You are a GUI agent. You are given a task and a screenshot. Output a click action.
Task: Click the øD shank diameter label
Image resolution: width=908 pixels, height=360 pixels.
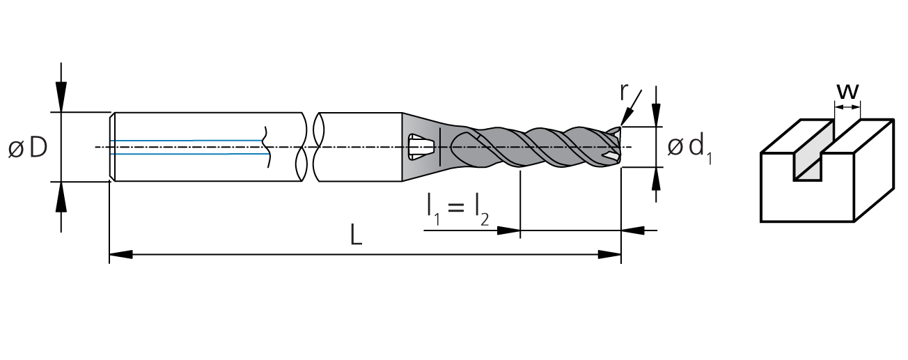coord(28,147)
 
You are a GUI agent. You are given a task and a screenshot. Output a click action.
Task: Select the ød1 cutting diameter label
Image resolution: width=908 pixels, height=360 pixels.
coord(689,149)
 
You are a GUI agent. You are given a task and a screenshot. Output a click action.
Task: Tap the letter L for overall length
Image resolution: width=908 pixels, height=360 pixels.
coord(356,235)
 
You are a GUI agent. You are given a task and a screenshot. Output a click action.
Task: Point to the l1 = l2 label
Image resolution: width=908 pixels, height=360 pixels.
coord(457,210)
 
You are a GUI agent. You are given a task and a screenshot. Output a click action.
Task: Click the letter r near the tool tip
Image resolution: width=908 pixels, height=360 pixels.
coord(624,92)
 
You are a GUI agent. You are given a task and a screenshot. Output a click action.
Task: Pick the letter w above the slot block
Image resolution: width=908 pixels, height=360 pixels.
coord(847,92)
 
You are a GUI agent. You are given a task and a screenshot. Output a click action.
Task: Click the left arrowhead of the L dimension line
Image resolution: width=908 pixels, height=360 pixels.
coord(120,255)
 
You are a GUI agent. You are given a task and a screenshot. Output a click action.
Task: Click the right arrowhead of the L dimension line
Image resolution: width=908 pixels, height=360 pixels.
coord(610,255)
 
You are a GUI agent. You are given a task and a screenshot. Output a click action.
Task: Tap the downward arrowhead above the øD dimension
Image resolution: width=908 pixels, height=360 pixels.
coord(61,97)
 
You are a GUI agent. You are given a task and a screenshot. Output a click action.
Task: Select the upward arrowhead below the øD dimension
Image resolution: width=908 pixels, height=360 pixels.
coord(61,196)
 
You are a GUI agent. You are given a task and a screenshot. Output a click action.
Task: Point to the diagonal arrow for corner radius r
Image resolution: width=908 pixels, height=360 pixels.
coord(631,107)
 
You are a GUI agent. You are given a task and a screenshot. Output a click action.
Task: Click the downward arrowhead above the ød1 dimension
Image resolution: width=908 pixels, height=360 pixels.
coord(656,115)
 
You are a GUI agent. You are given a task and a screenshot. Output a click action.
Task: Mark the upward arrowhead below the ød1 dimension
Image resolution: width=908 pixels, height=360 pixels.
coord(656,178)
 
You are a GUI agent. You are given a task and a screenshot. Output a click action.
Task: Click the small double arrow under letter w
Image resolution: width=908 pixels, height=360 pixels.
coord(847,107)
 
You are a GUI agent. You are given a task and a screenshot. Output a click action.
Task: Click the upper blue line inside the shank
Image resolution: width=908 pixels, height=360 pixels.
coord(187,140)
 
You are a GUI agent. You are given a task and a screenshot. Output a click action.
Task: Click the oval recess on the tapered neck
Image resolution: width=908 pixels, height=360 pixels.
coord(421,146)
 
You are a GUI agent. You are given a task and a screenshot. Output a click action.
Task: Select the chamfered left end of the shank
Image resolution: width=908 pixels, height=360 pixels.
coord(112,147)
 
